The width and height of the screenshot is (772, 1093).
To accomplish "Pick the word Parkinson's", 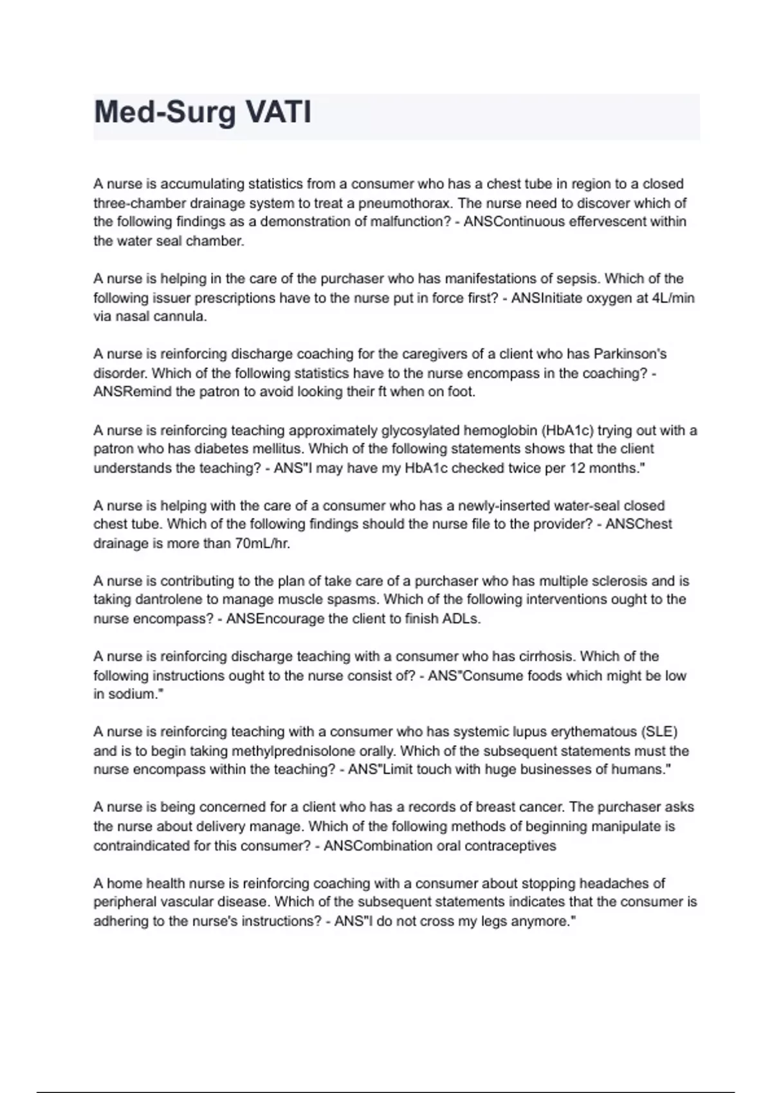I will [x=630, y=354].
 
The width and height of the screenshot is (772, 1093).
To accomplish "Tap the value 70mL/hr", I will [x=262, y=544].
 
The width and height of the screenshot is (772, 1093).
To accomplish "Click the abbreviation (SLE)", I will [x=659, y=732].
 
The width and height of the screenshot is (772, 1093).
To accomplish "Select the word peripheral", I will [x=125, y=902].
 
